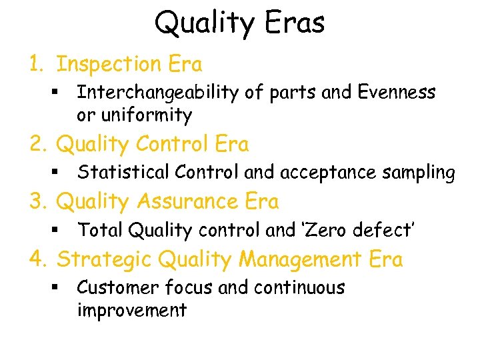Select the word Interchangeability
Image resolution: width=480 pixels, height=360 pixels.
pyautogui.click(x=157, y=93)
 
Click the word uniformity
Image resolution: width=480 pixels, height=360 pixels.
pyautogui.click(x=145, y=115)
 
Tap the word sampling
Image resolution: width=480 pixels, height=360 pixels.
pyautogui.click(x=418, y=173)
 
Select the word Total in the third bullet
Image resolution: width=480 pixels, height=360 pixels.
pyautogui.click(x=100, y=230)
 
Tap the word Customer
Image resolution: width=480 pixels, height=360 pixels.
pyautogui.click(x=117, y=287)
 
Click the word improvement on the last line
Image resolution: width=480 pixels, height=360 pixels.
pyautogui.click(x=131, y=310)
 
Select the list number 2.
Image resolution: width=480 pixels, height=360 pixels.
pyautogui.click(x=37, y=144)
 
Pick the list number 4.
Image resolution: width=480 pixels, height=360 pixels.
pyautogui.click(x=37, y=259)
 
